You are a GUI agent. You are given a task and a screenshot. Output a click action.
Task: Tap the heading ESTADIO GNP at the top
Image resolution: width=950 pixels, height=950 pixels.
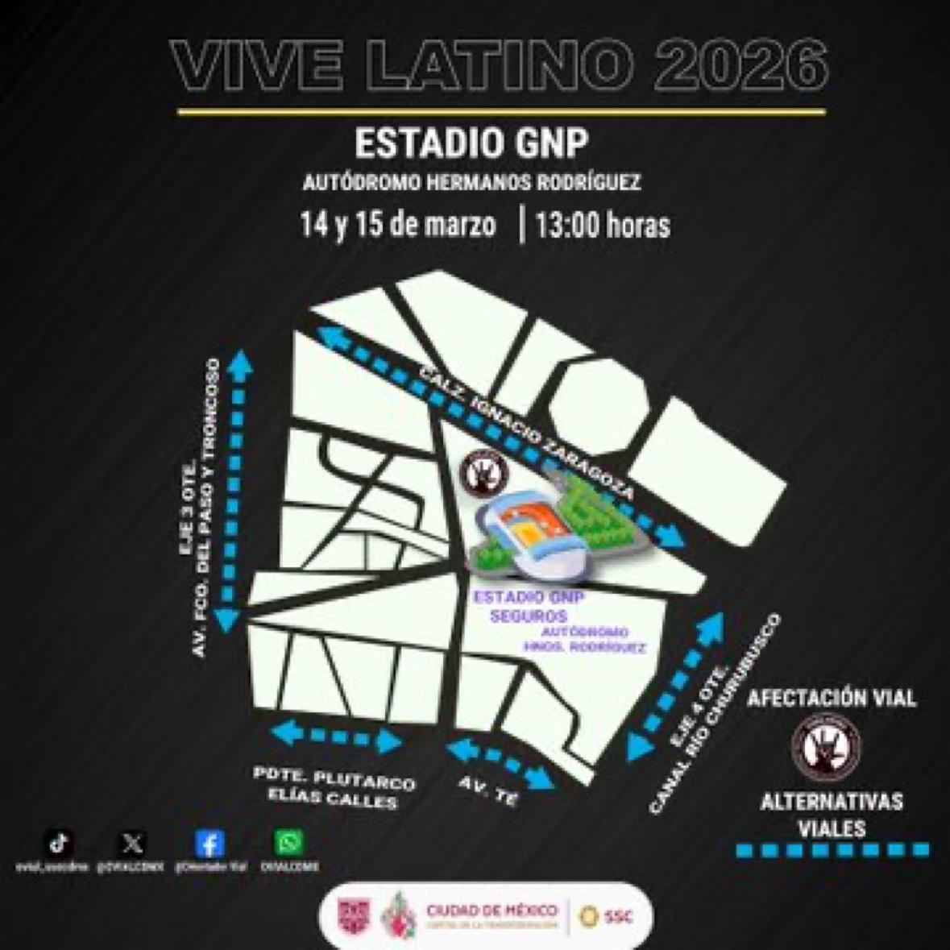pos(471,144)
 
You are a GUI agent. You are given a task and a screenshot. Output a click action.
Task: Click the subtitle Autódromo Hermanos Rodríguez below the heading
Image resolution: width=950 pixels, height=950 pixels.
pos(471,183)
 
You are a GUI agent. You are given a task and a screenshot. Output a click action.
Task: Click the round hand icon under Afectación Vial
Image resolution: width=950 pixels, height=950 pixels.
pos(826,745)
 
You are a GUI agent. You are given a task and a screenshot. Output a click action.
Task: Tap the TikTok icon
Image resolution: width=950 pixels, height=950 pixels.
pos(59,843)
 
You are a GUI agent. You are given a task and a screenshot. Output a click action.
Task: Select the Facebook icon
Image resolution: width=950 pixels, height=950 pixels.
pos(209,844)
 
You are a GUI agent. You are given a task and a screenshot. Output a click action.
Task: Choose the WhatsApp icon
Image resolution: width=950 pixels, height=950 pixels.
pos(288,843)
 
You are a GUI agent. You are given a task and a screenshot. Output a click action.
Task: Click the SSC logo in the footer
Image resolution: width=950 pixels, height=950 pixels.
pos(608,916)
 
